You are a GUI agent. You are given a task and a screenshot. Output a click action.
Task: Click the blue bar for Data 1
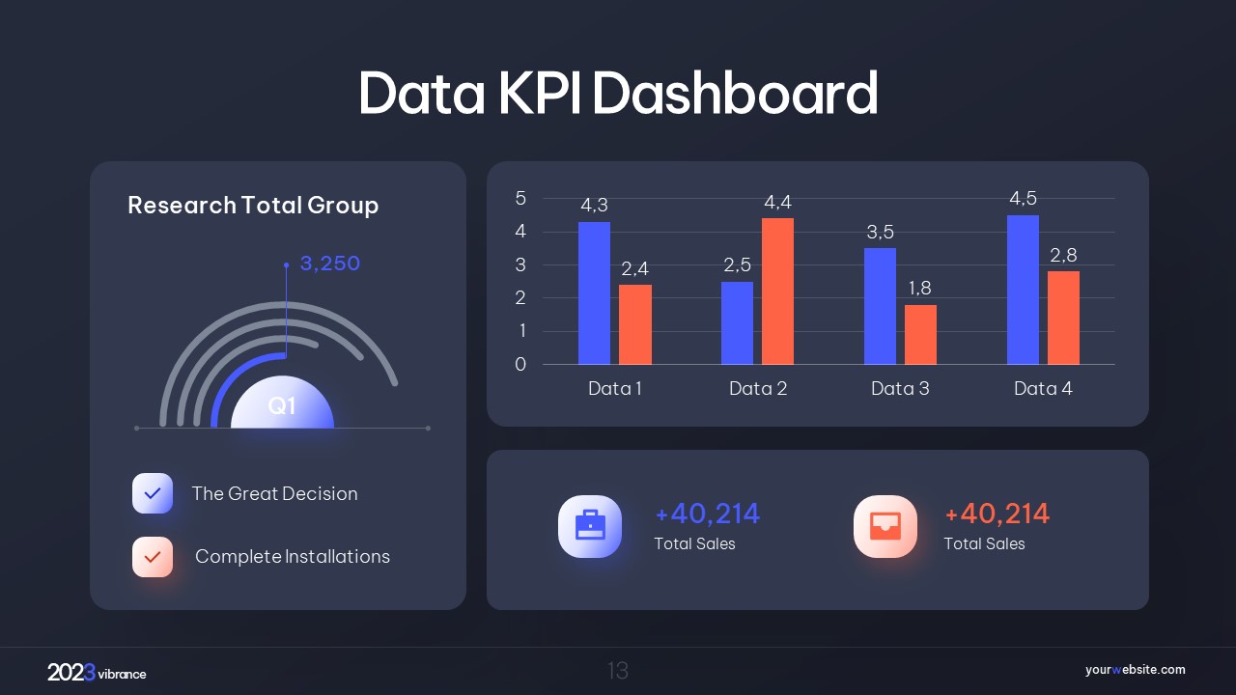click(594, 293)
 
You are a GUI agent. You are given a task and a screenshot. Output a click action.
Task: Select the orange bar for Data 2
click(777, 292)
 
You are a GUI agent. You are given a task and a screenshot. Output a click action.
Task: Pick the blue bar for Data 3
click(880, 306)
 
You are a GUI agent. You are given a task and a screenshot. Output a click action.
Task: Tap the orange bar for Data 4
click(1063, 318)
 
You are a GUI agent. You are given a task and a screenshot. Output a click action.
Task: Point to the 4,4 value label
click(777, 203)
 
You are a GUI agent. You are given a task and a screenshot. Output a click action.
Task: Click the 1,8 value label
click(919, 289)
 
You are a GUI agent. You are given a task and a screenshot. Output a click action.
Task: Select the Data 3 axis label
click(900, 389)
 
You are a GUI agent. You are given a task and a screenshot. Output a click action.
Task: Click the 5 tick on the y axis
click(520, 199)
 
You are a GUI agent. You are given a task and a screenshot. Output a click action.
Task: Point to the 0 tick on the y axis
click(520, 364)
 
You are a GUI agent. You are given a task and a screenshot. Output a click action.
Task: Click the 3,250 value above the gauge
click(329, 264)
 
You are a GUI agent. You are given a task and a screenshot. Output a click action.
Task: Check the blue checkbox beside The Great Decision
click(153, 493)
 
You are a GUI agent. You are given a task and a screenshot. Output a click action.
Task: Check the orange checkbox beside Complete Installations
click(153, 557)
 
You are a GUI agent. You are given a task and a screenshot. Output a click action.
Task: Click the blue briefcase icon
click(590, 526)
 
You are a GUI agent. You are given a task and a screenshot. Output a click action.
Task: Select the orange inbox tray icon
click(885, 526)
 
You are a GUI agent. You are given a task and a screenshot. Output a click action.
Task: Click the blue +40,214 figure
click(707, 514)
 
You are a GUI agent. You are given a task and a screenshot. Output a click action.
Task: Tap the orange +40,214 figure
click(997, 514)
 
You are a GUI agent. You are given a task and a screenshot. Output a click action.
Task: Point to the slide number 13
click(618, 671)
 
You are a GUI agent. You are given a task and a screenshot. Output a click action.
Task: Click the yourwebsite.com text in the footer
click(1135, 670)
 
